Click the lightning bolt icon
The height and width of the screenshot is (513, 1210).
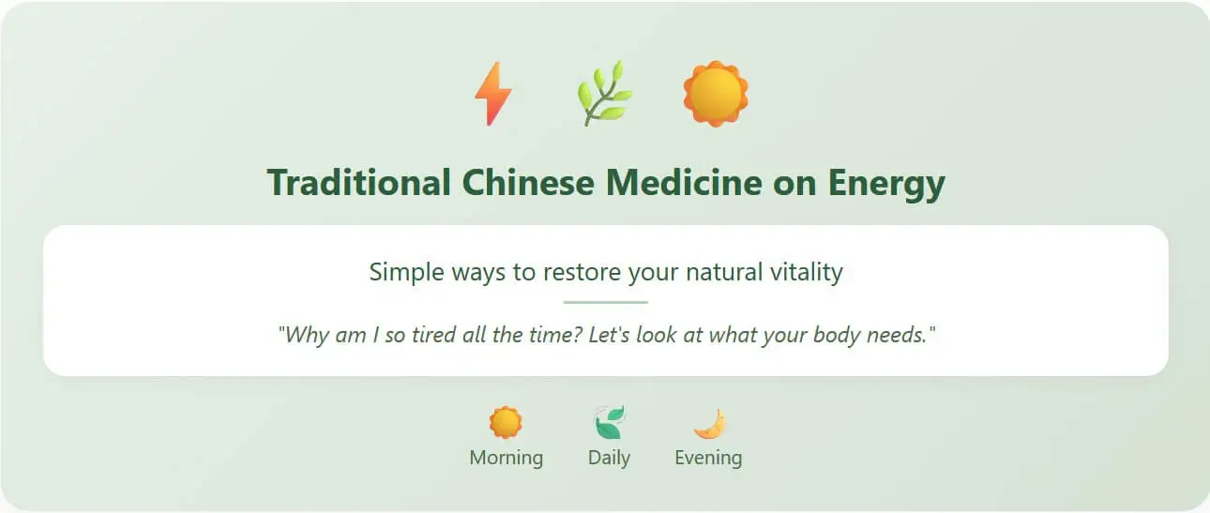click(493, 94)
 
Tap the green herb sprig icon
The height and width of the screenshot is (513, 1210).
click(604, 94)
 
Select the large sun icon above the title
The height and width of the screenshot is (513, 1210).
click(716, 94)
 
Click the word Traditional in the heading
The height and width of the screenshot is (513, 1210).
click(358, 183)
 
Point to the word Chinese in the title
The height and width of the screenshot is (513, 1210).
click(528, 183)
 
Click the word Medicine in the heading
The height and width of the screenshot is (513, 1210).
click(684, 183)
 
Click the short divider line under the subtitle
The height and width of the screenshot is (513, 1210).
click(606, 302)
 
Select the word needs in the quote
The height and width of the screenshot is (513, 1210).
click(897, 336)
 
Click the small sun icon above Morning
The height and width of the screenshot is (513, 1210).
click(506, 422)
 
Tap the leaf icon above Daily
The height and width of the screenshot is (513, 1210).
click(610, 422)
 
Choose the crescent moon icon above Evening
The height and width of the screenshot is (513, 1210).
click(710, 424)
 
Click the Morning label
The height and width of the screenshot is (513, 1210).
click(507, 458)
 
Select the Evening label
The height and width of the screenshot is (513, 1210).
click(708, 458)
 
